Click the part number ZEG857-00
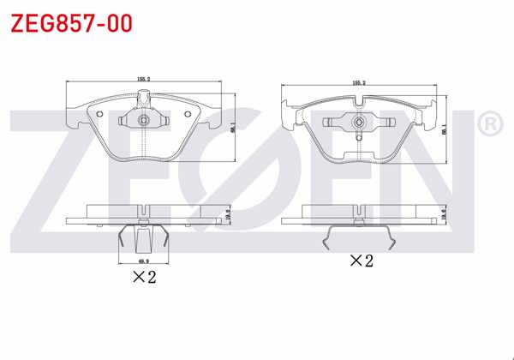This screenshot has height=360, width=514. [x=71, y=23]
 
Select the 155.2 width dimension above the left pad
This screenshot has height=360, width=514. [x=144, y=78]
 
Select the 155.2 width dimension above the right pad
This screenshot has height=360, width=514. [x=359, y=83]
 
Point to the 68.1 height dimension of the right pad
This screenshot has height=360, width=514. [x=444, y=130]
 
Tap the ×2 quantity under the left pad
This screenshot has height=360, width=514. [x=143, y=276]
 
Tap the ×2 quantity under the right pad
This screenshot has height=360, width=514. [x=361, y=260]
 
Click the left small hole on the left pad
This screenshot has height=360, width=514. [x=98, y=115]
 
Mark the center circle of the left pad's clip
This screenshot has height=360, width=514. [x=144, y=120]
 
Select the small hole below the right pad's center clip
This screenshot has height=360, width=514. [x=358, y=136]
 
